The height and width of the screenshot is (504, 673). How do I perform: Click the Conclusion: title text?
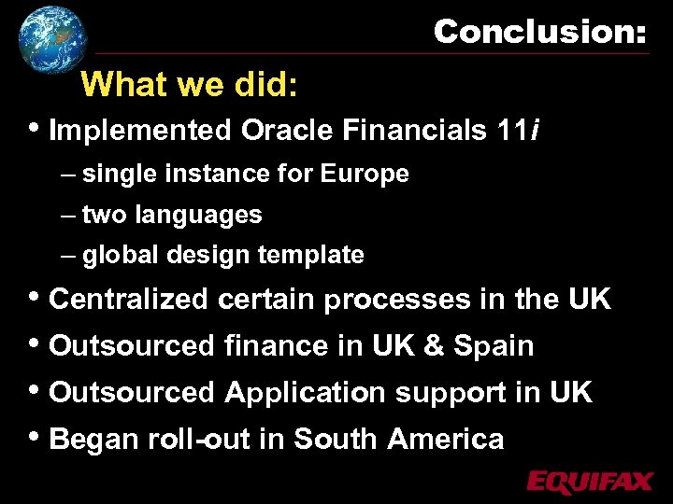click(x=539, y=32)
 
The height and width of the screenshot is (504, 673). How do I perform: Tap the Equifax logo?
click(x=589, y=482)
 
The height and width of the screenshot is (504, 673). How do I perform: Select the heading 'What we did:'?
click(x=190, y=85)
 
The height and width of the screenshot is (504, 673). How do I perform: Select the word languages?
click(x=198, y=215)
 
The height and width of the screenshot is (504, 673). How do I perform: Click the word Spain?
click(x=494, y=346)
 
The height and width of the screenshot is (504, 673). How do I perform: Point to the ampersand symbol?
click(x=434, y=346)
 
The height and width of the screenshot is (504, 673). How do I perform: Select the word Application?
click(x=305, y=393)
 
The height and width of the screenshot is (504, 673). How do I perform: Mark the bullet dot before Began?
click(x=36, y=436)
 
